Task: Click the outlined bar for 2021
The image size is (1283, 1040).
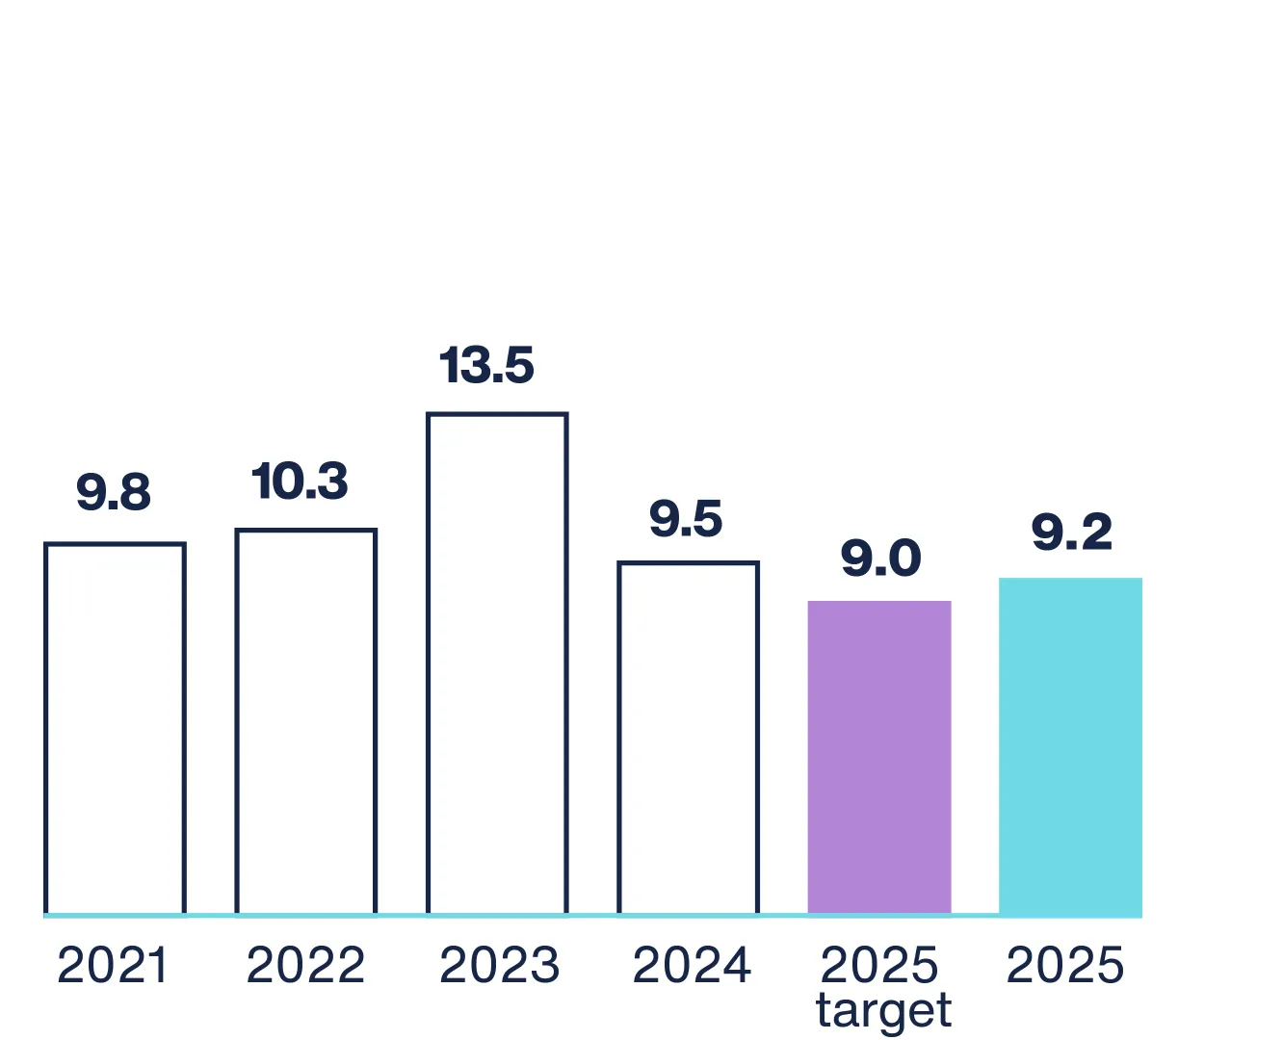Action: click(115, 729)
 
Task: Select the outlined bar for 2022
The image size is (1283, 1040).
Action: click(305, 721)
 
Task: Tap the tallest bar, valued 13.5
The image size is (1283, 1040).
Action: click(497, 663)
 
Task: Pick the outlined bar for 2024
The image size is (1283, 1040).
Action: click(688, 738)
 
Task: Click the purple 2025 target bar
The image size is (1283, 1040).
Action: click(879, 757)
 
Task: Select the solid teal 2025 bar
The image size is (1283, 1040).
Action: click(1070, 746)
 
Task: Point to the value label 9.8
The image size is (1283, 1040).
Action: click(114, 492)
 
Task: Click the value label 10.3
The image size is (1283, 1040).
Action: click(300, 481)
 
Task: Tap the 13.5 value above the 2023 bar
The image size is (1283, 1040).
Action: click(486, 365)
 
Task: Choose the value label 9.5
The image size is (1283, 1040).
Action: click(686, 519)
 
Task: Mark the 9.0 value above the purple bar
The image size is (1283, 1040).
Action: click(880, 558)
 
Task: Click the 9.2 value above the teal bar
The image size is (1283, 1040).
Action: click(1071, 533)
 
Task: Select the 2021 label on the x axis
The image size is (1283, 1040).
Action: click(113, 966)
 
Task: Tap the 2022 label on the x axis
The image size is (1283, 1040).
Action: click(305, 966)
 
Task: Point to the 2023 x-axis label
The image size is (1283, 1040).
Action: click(499, 966)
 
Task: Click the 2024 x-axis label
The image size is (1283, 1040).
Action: click(692, 966)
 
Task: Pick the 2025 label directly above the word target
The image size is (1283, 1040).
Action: click(879, 965)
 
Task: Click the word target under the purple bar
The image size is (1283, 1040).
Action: click(883, 1011)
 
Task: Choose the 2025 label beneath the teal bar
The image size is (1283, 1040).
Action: click(1065, 966)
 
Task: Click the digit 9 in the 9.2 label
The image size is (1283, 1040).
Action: click(1047, 533)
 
